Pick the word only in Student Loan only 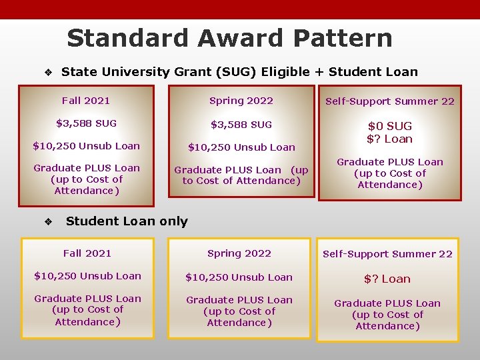pyautogui.click(x=173, y=221)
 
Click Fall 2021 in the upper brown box pyautogui.click(x=86, y=101)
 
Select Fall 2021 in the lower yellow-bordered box pyautogui.click(x=87, y=253)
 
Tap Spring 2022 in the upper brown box pyautogui.click(x=241, y=101)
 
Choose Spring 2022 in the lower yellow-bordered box pyautogui.click(x=239, y=253)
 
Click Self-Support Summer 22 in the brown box pyautogui.click(x=389, y=101)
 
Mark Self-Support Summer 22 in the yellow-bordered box pyautogui.click(x=387, y=254)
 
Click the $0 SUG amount pyautogui.click(x=390, y=126)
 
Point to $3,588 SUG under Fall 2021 pyautogui.click(x=86, y=123)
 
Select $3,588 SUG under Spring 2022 pyautogui.click(x=241, y=125)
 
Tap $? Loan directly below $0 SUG pyautogui.click(x=390, y=139)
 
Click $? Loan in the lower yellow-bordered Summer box pyautogui.click(x=387, y=279)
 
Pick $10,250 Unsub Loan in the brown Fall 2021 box pyautogui.click(x=86, y=146)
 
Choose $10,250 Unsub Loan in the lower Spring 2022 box pyautogui.click(x=239, y=277)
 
